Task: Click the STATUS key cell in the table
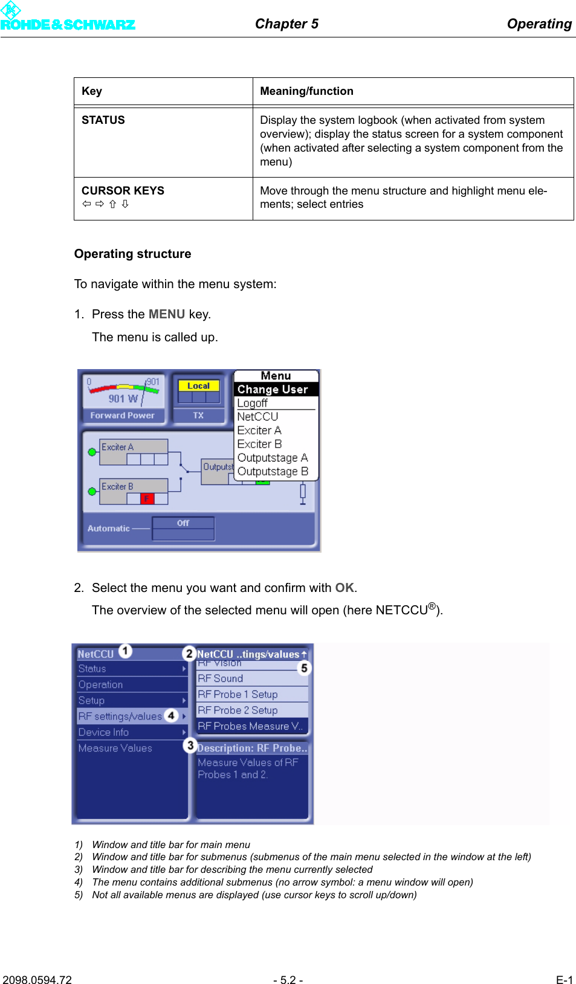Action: pyautogui.click(x=103, y=120)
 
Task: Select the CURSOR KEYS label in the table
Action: pyautogui.click(x=123, y=191)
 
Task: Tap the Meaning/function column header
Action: pyautogui.click(x=306, y=91)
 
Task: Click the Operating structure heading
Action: pyautogui.click(x=132, y=254)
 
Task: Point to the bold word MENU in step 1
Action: pyautogui.click(x=166, y=314)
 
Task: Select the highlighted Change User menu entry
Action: pyautogui.click(x=273, y=390)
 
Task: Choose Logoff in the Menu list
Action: pyautogui.click(x=252, y=403)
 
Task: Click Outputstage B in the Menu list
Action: pyautogui.click(x=273, y=471)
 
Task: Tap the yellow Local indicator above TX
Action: pyautogui.click(x=198, y=385)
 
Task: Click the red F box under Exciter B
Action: pyautogui.click(x=147, y=498)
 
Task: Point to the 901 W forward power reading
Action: pyautogui.click(x=123, y=399)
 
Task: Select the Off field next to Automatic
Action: pyautogui.click(x=183, y=523)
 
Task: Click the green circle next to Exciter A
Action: pyautogui.click(x=92, y=452)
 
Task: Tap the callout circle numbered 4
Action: pyautogui.click(x=171, y=715)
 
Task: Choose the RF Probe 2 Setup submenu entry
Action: pyautogui.click(x=238, y=710)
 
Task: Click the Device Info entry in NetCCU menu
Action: pyautogui.click(x=103, y=732)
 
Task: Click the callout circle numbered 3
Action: pyautogui.click(x=190, y=745)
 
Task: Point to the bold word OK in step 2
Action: pyautogui.click(x=345, y=588)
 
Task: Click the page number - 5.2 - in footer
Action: pyautogui.click(x=288, y=980)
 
